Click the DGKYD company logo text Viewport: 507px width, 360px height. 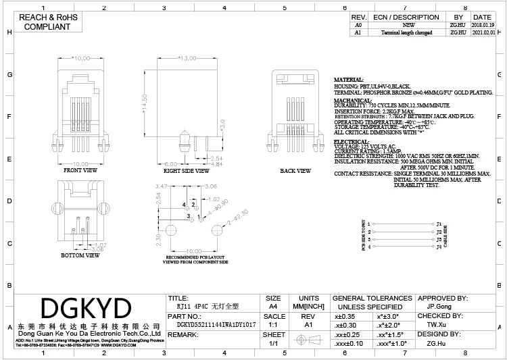[x=86, y=309]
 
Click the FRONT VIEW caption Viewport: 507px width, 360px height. [x=80, y=171]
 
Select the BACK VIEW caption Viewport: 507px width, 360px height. [x=295, y=172]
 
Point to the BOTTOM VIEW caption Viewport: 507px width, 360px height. [x=80, y=255]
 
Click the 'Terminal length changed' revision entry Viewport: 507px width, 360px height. [x=406, y=32]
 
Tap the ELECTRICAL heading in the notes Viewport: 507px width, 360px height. [x=352, y=141]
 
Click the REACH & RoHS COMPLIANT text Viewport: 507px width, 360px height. [x=47, y=22]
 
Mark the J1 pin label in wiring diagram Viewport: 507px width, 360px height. [x=439, y=224]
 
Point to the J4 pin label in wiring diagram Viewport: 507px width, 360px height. [x=439, y=247]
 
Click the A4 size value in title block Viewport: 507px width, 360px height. [x=273, y=306]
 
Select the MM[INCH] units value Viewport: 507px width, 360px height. [x=308, y=306]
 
